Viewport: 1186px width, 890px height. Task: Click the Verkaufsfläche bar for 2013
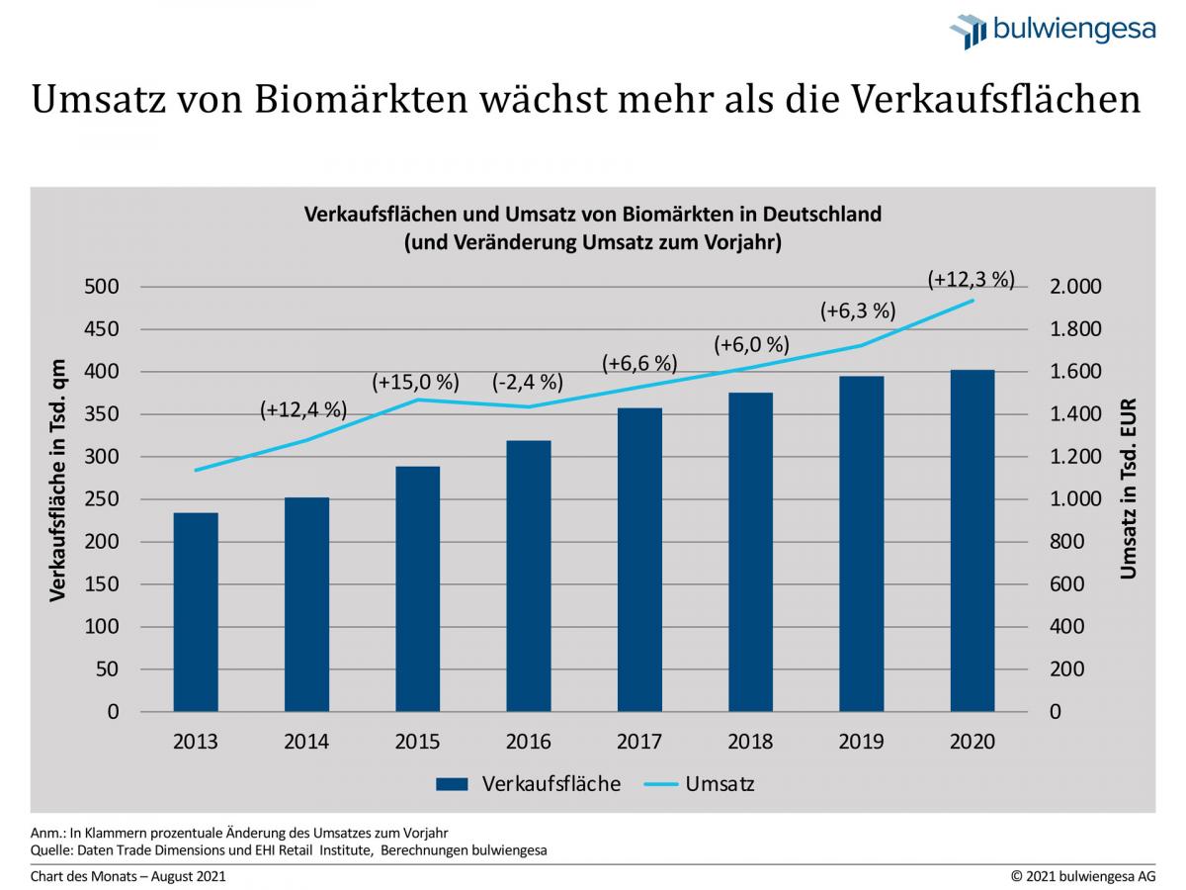pyautogui.click(x=196, y=612)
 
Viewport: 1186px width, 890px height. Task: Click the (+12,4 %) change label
pyautogui.click(x=303, y=409)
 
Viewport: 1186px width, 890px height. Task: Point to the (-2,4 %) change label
pyautogui.click(x=527, y=382)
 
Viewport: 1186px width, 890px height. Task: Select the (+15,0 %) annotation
pyautogui.click(x=416, y=382)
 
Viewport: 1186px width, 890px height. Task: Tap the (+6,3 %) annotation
pyautogui.click(x=858, y=311)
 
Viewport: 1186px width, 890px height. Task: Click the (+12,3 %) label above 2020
pyautogui.click(x=972, y=280)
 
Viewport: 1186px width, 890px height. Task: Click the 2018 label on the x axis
pyautogui.click(x=750, y=742)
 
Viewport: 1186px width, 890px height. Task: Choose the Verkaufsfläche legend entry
pyautogui.click(x=529, y=784)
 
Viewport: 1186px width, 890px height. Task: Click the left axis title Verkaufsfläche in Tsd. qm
pyautogui.click(x=58, y=480)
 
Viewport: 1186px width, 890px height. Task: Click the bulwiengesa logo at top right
pyautogui.click(x=1053, y=31)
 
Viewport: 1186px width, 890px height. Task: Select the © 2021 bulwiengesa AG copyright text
pyautogui.click(x=1082, y=876)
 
